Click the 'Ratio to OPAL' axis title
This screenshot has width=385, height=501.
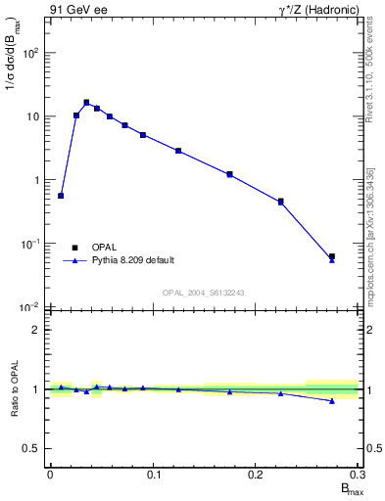pyautogui.click(x=13, y=389)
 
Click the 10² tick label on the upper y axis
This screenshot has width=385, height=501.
pyautogui.click(x=31, y=53)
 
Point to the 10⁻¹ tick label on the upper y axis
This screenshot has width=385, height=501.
pyautogui.click(x=31, y=244)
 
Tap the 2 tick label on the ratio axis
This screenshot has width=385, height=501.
pyautogui.click(x=37, y=330)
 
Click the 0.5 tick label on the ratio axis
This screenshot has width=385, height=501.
pyautogui.click(x=32, y=448)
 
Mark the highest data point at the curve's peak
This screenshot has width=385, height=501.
pyautogui.click(x=86, y=102)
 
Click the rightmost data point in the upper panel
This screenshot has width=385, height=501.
pyautogui.click(x=332, y=257)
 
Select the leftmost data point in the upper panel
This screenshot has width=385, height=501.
pyautogui.click(x=61, y=196)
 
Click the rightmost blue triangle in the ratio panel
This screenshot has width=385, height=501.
pyautogui.click(x=332, y=401)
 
